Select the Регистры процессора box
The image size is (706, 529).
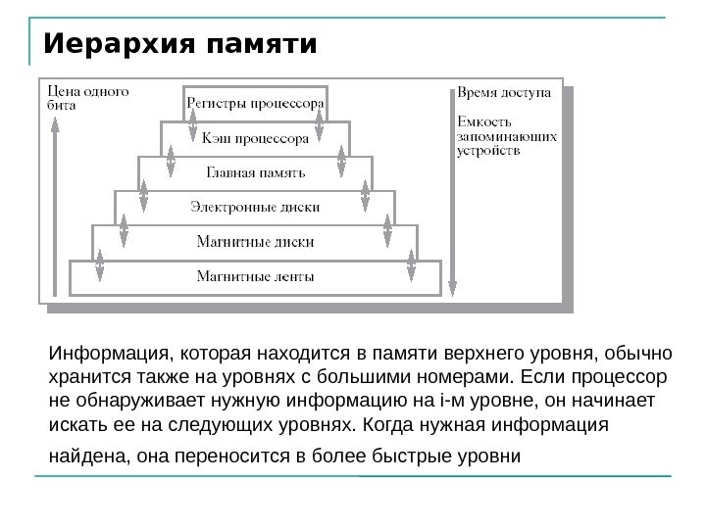coord(255,102)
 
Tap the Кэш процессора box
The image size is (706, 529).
coord(255,137)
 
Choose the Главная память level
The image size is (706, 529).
coord(255,172)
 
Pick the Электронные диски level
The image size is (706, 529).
coord(255,207)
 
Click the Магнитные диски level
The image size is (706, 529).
coord(255,241)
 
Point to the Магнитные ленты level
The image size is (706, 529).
coord(255,275)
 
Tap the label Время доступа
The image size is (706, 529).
coord(506,94)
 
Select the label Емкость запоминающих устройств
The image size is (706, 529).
coord(508,138)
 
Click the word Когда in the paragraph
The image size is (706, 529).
coord(386,425)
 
